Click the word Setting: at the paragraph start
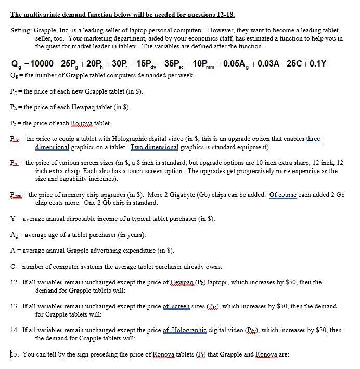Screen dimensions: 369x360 click(x=21, y=31)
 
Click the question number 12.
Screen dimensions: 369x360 click(x=15, y=282)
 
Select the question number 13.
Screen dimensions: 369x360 click(x=15, y=306)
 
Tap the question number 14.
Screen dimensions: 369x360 click(x=15, y=330)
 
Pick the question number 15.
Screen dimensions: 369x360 click(x=15, y=354)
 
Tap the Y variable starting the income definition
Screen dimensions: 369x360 click(x=13, y=218)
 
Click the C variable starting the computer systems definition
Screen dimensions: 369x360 click(x=13, y=267)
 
